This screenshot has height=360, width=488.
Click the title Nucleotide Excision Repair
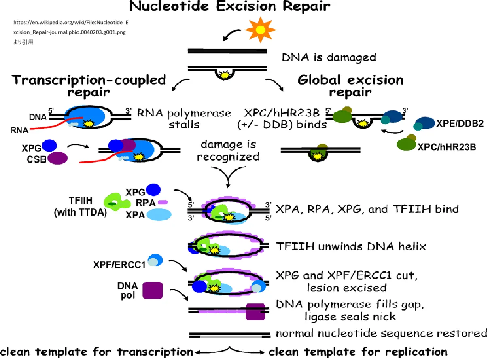tap(229, 6)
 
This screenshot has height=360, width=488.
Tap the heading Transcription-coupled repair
tap(89, 85)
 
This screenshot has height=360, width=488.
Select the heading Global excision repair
tap(350, 85)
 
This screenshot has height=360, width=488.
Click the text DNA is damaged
tap(329, 57)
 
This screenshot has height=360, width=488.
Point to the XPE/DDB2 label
tap(460, 124)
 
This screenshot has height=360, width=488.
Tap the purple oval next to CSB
tap(58, 158)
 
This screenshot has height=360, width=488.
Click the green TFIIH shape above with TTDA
tap(117, 201)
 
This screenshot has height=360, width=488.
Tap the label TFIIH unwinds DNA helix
tap(350, 246)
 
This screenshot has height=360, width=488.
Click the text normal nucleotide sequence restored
tap(381, 333)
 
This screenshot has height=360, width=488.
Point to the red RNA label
tap(20, 131)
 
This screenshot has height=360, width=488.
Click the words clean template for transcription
tap(96, 351)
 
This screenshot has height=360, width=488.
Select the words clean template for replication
tap(358, 351)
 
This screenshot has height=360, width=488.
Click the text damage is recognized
tap(229, 150)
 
